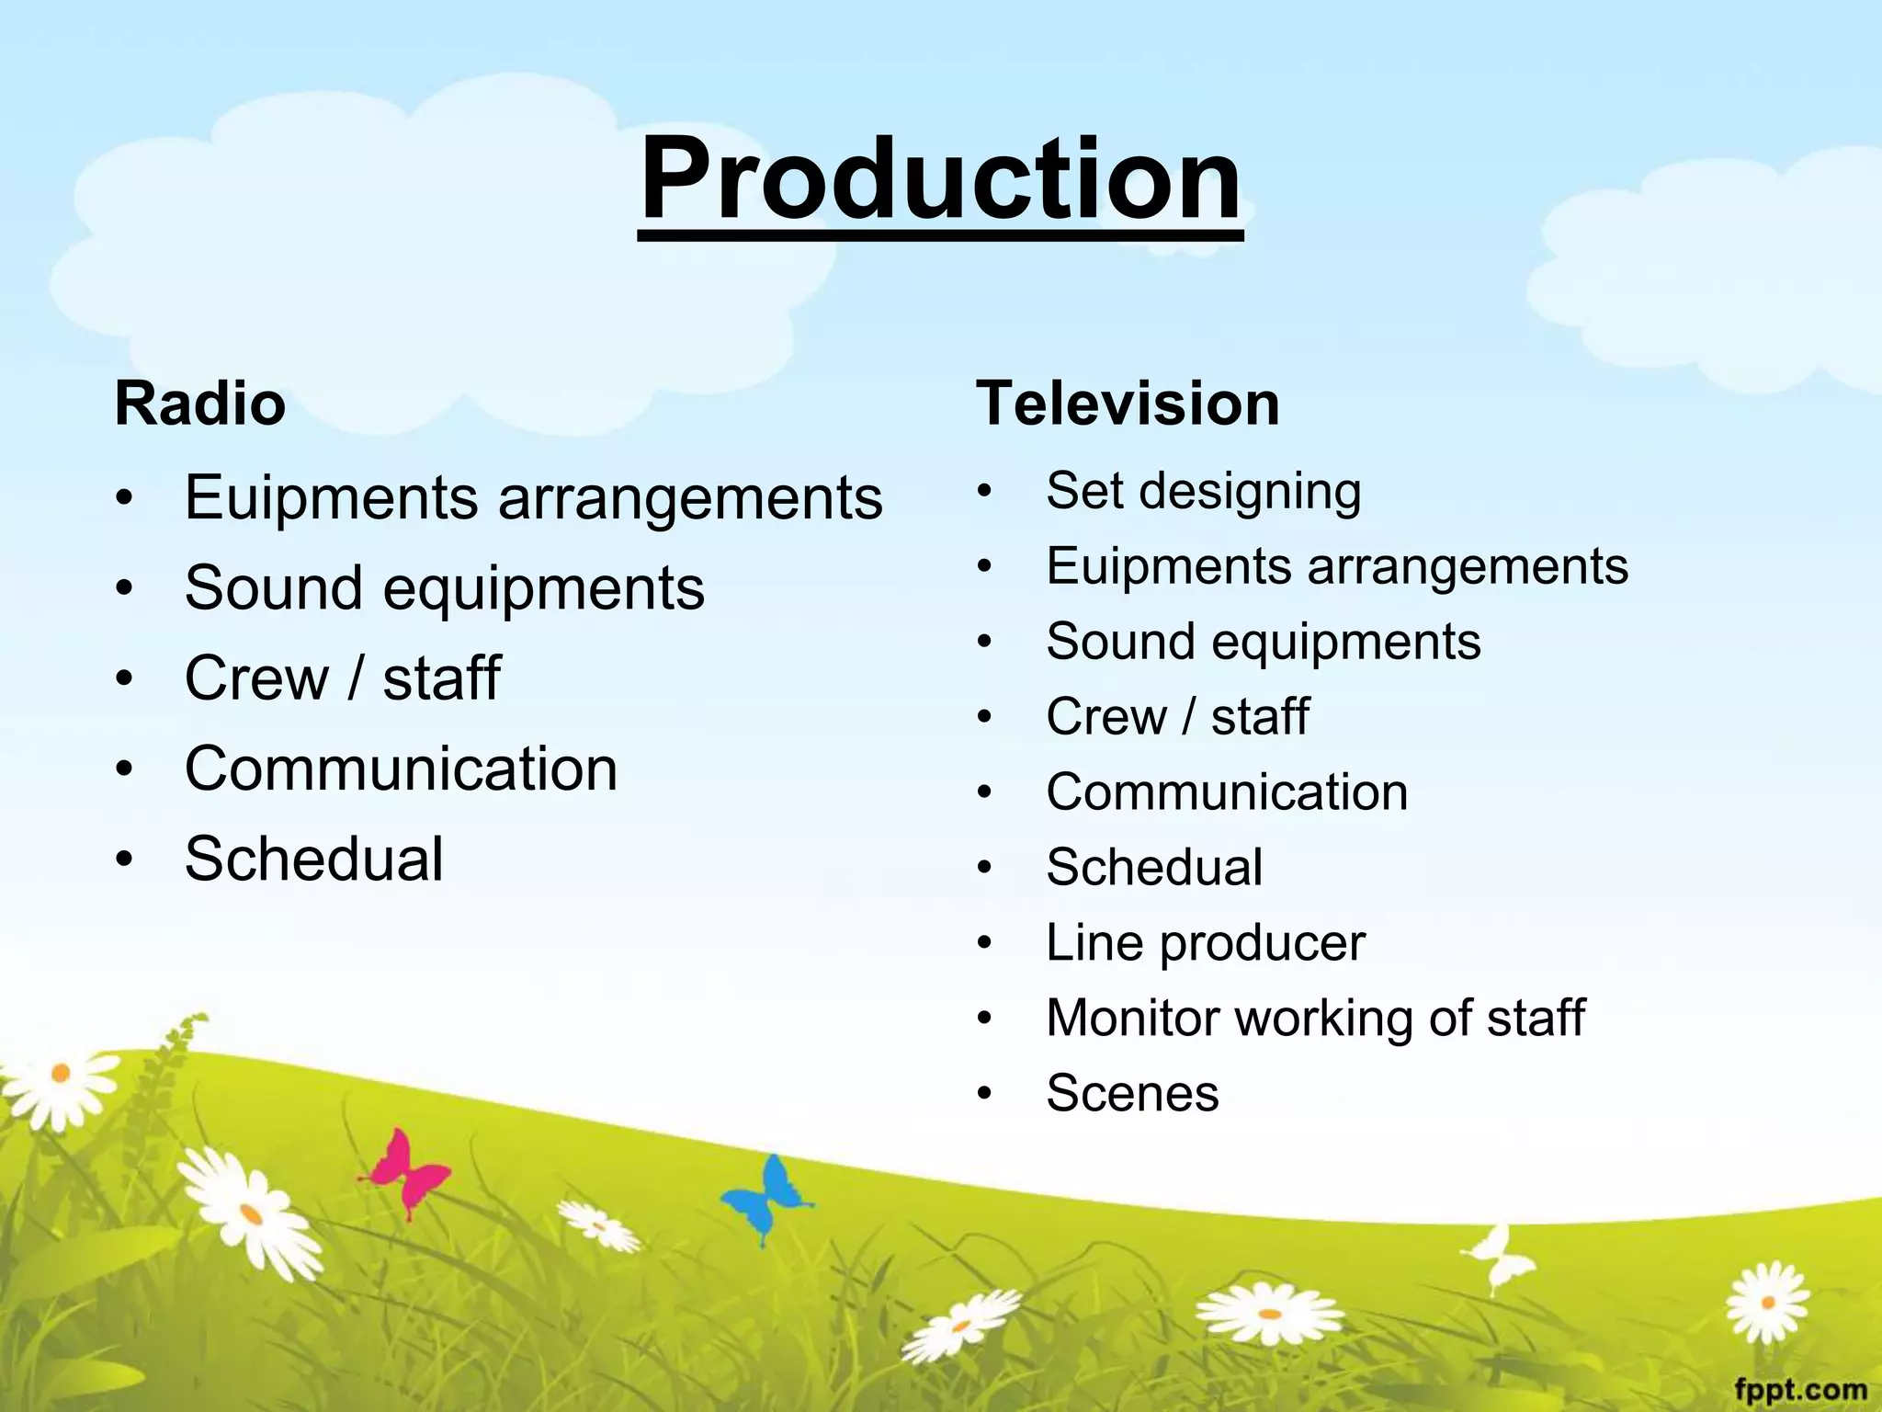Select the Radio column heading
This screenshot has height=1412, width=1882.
[x=200, y=404]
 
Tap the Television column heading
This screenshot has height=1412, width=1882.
[x=1128, y=404]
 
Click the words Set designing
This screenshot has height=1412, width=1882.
[x=1203, y=491]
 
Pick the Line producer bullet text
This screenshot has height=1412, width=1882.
[x=1205, y=943]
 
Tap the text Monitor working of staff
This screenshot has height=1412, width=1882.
[x=1315, y=1019]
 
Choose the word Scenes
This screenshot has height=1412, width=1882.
[x=1132, y=1094]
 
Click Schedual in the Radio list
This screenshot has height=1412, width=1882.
[x=314, y=860]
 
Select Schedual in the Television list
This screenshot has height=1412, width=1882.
[x=1154, y=868]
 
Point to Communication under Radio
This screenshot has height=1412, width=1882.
[x=401, y=769]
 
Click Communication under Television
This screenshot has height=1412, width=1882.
[x=1227, y=792]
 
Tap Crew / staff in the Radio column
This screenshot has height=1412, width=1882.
[x=343, y=678]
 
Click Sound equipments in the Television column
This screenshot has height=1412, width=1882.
[x=1264, y=642]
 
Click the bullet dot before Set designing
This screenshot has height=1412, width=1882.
[x=985, y=492]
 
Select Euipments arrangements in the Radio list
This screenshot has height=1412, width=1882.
[x=533, y=497]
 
